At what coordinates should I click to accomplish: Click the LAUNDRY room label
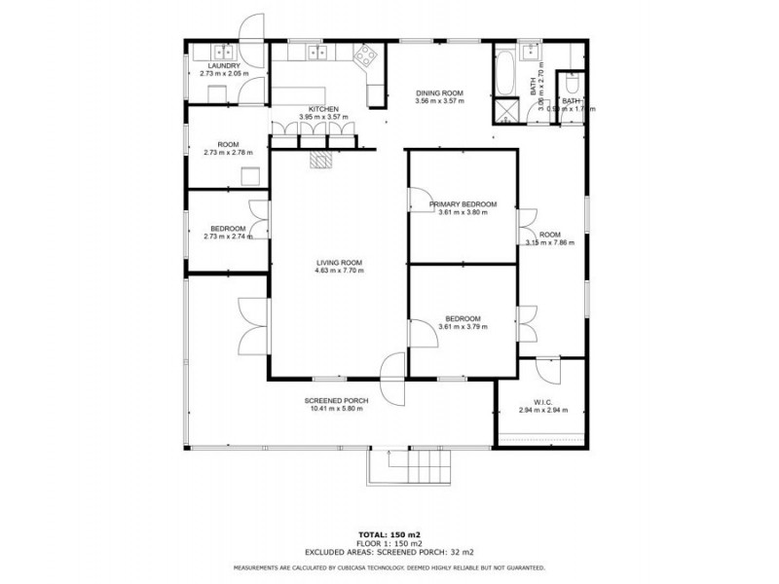225,65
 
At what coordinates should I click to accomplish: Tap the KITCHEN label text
323,108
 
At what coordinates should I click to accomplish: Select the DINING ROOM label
439,92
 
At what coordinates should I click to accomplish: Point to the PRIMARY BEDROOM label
463,204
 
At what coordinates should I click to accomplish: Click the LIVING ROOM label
339,262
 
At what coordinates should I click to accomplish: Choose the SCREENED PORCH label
335,400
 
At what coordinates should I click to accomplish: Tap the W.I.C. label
543,402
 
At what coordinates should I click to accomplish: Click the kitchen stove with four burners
367,57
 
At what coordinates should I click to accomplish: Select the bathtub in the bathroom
506,70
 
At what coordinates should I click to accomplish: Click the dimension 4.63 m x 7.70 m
339,271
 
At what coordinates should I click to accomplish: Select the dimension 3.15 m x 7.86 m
551,242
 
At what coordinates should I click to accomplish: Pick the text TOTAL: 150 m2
389,535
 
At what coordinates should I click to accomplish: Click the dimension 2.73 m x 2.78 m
228,153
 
